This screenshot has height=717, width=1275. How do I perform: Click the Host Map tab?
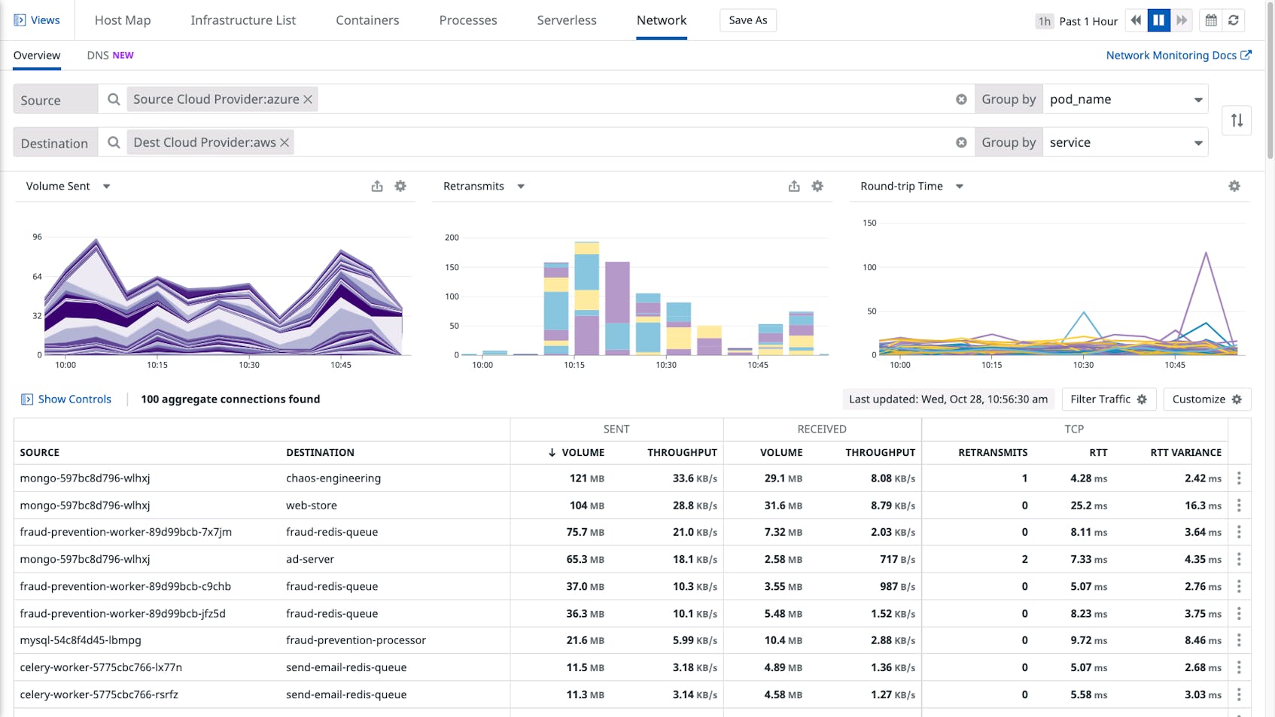click(123, 20)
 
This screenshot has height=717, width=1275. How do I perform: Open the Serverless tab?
click(566, 20)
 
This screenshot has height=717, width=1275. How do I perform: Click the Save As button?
click(747, 20)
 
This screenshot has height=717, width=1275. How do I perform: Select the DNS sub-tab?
click(110, 55)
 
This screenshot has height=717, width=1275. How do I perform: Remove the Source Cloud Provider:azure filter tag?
click(308, 99)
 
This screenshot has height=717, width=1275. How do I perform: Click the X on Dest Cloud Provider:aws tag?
click(285, 142)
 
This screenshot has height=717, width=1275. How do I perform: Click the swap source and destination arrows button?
click(1237, 120)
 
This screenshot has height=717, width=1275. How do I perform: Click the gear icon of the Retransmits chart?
click(817, 186)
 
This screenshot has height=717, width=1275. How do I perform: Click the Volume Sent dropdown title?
click(68, 186)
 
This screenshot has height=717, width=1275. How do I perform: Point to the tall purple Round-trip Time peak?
click(1206, 254)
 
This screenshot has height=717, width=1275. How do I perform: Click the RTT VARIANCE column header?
click(1185, 452)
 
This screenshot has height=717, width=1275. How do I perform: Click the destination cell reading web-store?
click(312, 506)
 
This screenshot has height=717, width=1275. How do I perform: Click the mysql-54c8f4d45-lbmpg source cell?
click(81, 640)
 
